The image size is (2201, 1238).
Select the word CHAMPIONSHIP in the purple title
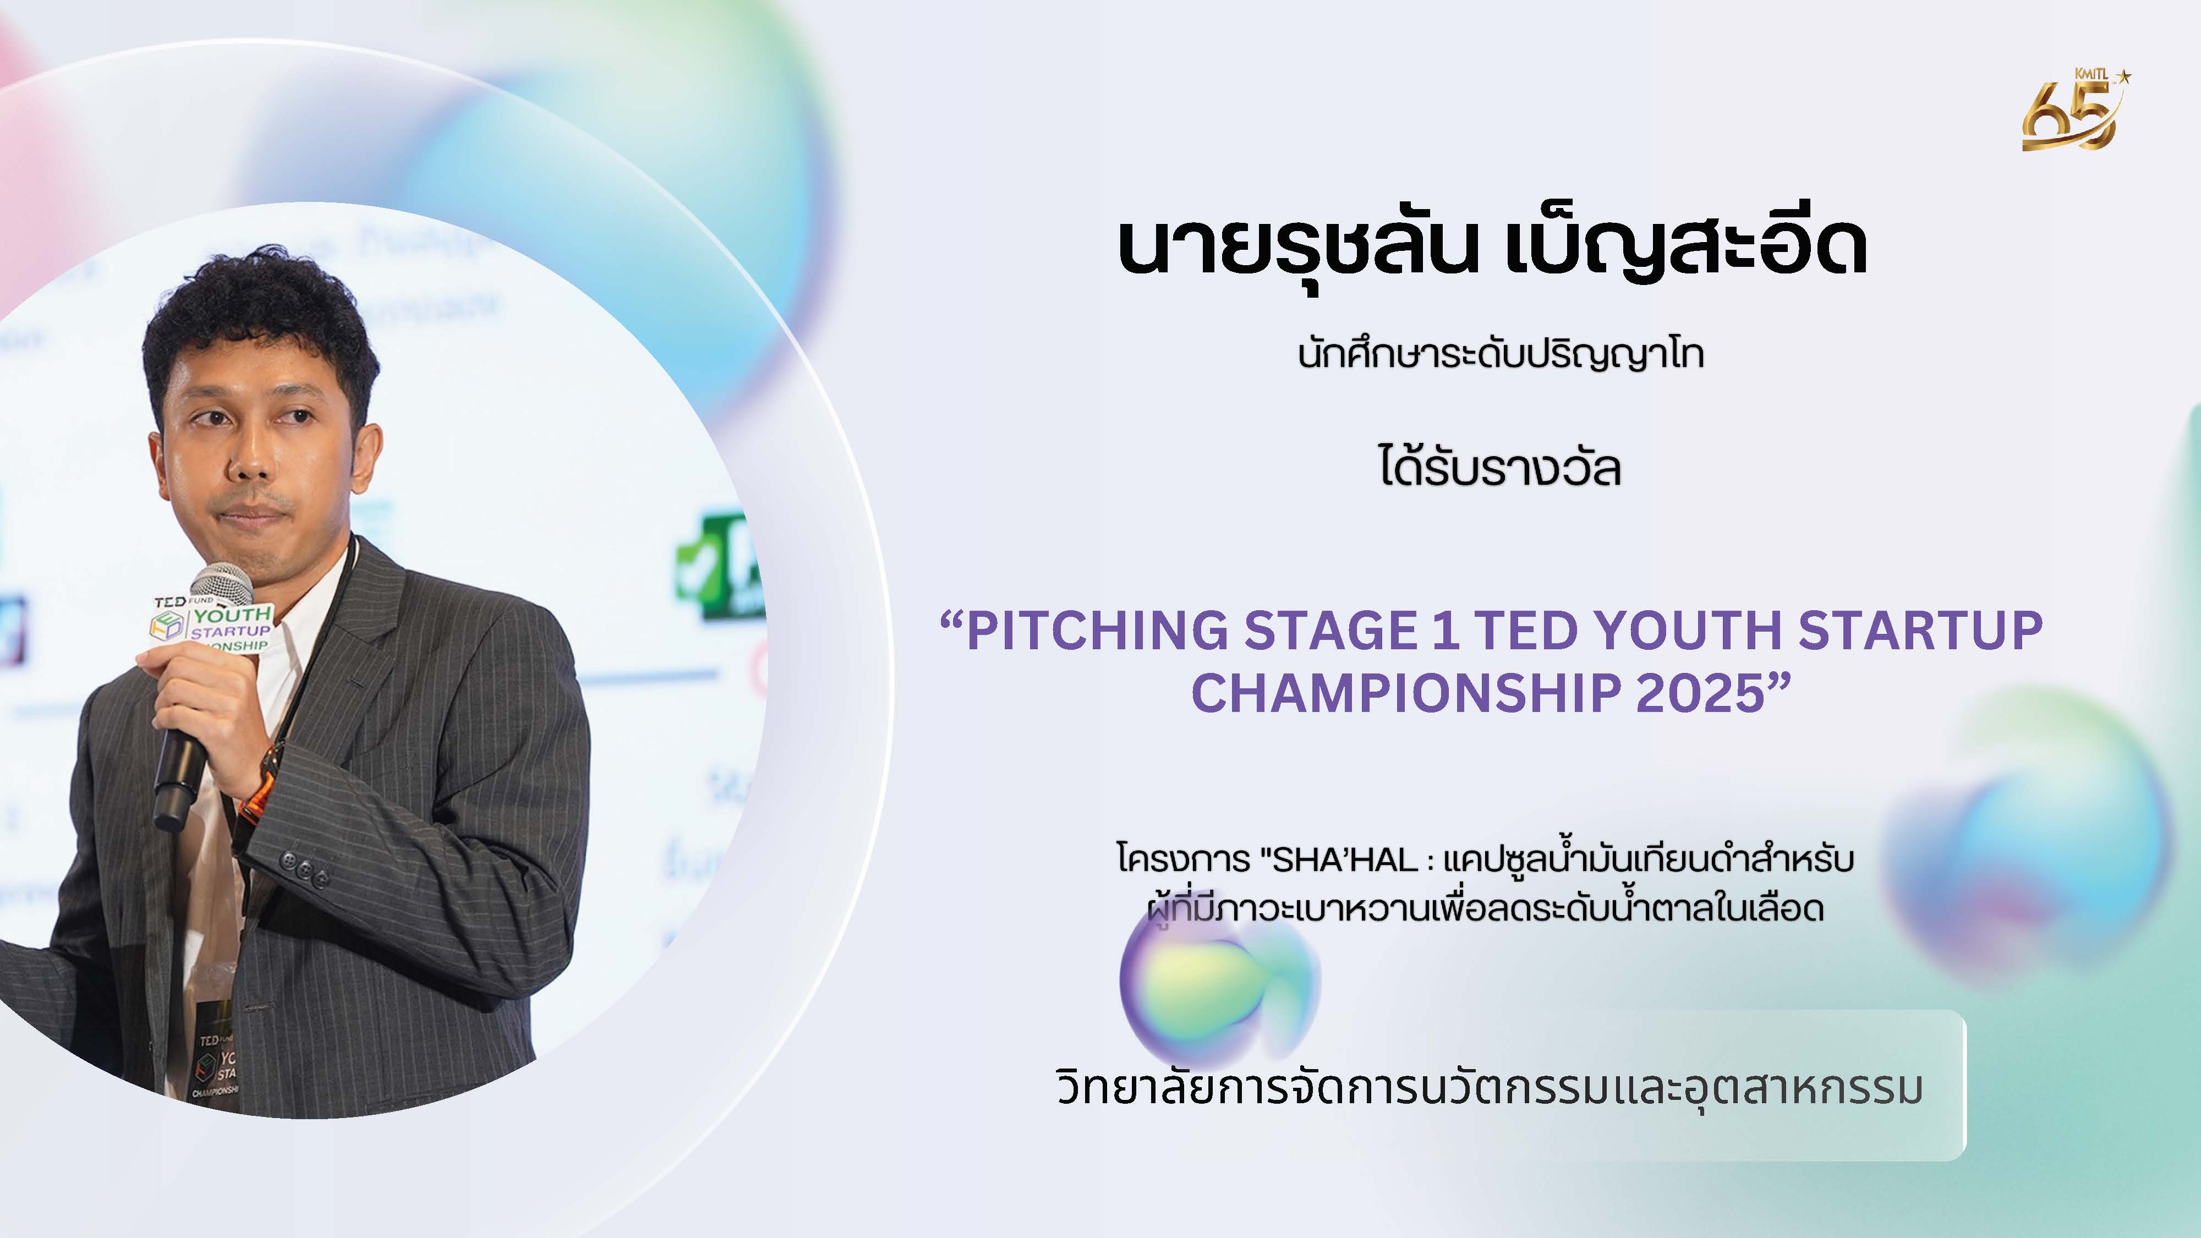tap(1405, 693)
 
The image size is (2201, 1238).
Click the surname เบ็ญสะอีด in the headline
tap(1685, 248)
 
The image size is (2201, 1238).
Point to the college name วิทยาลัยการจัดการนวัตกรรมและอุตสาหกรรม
tap(1490, 1087)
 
